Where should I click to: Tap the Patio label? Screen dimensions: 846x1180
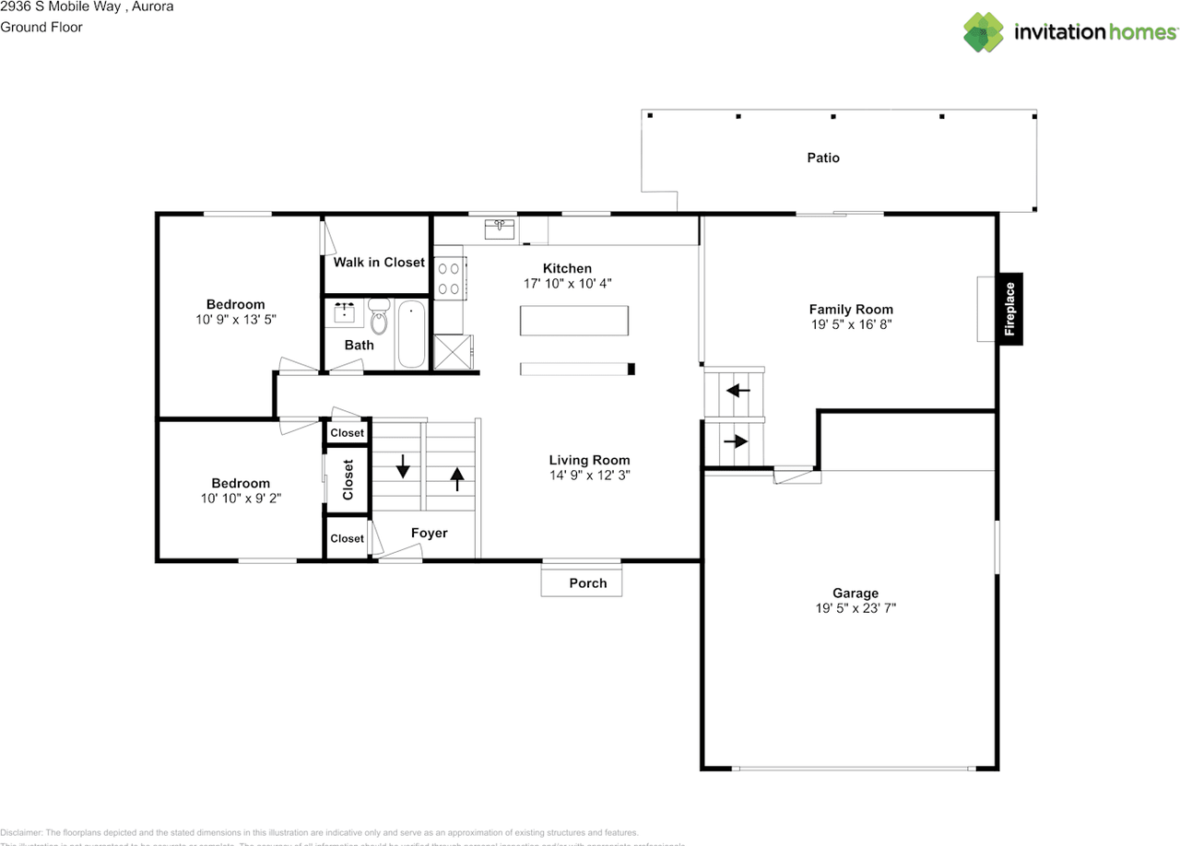[823, 158]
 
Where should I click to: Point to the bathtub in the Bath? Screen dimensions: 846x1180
[411, 334]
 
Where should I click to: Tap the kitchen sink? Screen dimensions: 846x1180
[500, 229]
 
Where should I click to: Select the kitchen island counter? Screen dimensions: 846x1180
[574, 321]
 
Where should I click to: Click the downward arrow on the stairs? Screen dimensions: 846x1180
[402, 467]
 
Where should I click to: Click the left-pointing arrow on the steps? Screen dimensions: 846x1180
[738, 391]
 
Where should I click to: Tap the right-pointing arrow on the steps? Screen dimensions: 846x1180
[736, 441]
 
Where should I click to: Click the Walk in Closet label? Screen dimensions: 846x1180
[379, 262]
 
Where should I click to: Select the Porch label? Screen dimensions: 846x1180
[588, 582]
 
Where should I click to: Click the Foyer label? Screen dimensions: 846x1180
[429, 533]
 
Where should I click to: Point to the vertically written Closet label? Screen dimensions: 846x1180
[348, 479]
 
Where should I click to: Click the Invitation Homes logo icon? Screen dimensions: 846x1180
[984, 32]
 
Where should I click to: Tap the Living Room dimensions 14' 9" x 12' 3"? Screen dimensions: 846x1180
[589, 476]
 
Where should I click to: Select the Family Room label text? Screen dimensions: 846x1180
[850, 310]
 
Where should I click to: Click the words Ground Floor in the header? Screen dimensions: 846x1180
[41, 27]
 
